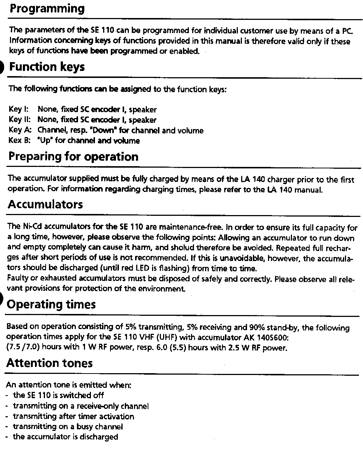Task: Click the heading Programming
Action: (x=47, y=9)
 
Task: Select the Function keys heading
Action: (x=47, y=67)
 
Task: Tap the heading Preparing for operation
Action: (x=73, y=157)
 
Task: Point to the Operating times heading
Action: (x=51, y=304)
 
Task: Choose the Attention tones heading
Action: (x=49, y=363)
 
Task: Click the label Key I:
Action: (x=18, y=110)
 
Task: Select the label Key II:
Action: (x=19, y=120)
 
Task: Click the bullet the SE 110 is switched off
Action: (x=59, y=396)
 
